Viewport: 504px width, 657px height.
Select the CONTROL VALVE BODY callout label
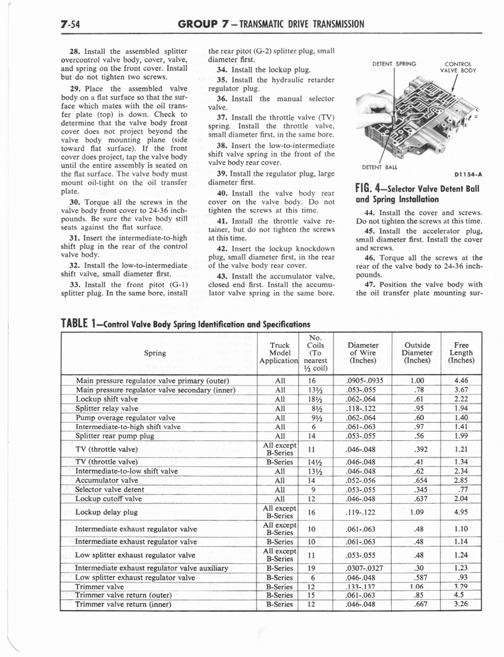[458, 67]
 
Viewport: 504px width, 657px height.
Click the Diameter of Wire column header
[362, 352]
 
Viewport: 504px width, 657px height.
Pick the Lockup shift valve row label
[106, 398]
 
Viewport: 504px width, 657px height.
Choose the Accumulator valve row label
[106, 479]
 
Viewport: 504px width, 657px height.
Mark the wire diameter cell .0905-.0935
[362, 380]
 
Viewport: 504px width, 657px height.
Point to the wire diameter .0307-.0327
[362, 568]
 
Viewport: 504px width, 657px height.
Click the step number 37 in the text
[223, 117]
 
